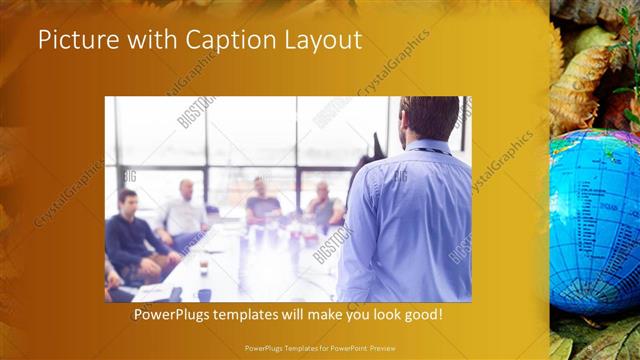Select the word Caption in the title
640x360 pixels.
223,41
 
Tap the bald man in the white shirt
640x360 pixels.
184,212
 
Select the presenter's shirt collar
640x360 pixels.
425,146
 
